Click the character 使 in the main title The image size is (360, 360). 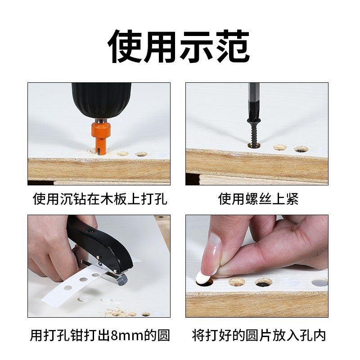(x=125, y=47)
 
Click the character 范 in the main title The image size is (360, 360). (x=232, y=47)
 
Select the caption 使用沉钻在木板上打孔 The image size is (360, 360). (x=100, y=199)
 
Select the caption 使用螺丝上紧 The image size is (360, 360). (x=258, y=199)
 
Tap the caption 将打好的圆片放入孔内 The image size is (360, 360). (x=258, y=335)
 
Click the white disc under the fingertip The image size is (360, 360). (x=202, y=278)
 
